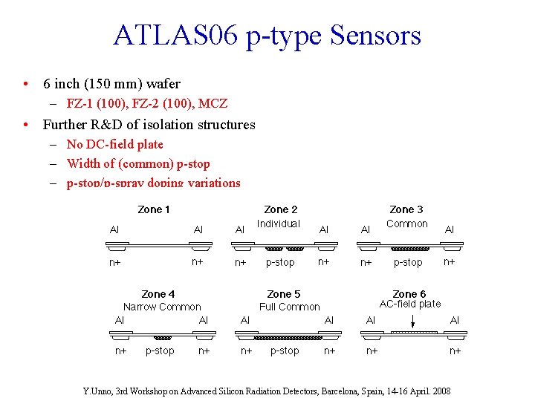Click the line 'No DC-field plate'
coord(114,144)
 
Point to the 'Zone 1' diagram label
coord(154,209)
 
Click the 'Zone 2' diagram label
coord(281,209)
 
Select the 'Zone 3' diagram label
coord(406,209)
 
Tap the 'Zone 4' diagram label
coord(158,294)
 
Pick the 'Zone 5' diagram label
coord(283,294)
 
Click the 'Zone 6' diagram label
coord(409,294)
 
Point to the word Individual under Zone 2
coord(279,224)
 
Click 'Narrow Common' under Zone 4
coord(162,307)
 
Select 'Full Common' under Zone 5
coord(290,307)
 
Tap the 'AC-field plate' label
coord(410,304)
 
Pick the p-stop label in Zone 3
coord(408,262)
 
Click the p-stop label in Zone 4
coord(160,351)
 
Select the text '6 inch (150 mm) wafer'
coord(111,84)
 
